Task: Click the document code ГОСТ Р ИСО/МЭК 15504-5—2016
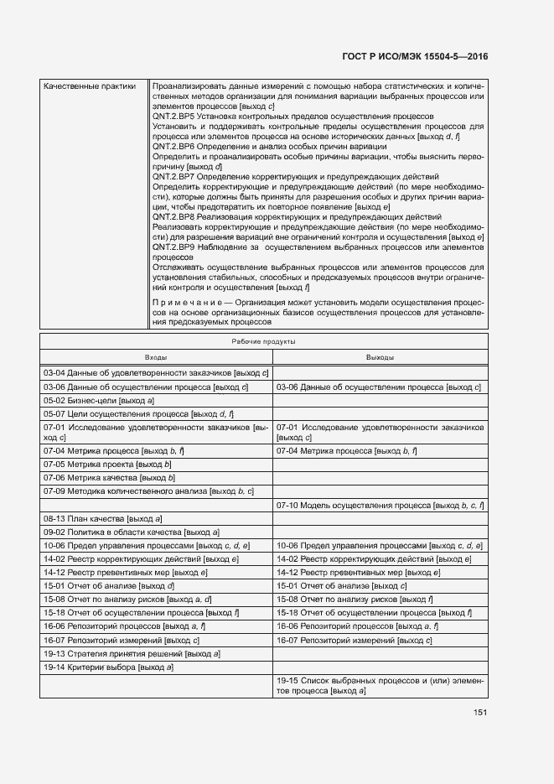pyautogui.click(x=416, y=56)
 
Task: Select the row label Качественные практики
pyautogui.click(x=88, y=86)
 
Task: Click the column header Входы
pyautogui.click(x=156, y=357)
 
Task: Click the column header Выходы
pyautogui.click(x=380, y=357)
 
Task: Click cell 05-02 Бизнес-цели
pyautogui.click(x=99, y=401)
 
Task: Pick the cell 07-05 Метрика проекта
pyautogui.click(x=107, y=464)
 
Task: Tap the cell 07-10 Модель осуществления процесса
pyautogui.click(x=381, y=506)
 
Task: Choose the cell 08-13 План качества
pyautogui.click(x=102, y=520)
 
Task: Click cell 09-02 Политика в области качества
pyautogui.click(x=132, y=532)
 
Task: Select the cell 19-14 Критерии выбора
pyautogui.click(x=109, y=667)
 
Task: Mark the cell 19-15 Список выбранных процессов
pyautogui.click(x=381, y=686)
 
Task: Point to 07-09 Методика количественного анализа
pyautogui.click(x=148, y=491)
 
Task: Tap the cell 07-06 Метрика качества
pyautogui.click(x=109, y=477)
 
